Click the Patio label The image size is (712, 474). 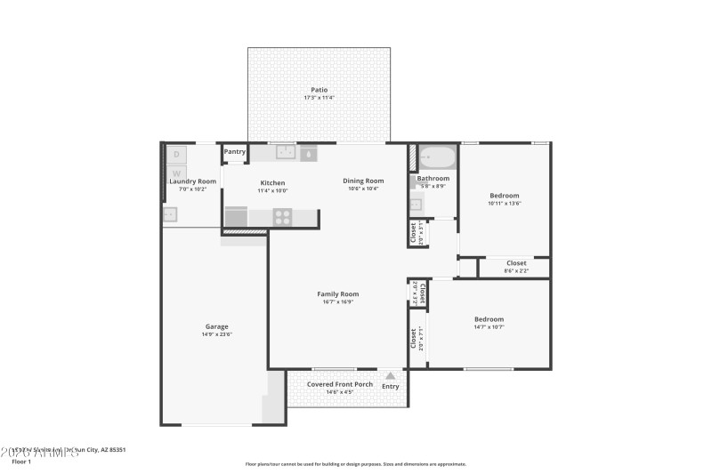coord(319,90)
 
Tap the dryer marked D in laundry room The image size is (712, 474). coord(176,154)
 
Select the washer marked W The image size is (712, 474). coord(176,173)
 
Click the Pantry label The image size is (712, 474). coord(235,152)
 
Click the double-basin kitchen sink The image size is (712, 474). coord(286,153)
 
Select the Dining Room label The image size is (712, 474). coord(363,181)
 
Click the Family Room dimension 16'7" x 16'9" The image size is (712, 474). coord(338,302)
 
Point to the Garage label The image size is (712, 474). coord(217,326)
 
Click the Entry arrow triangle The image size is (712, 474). coord(390,376)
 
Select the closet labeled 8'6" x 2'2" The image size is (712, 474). coord(516,267)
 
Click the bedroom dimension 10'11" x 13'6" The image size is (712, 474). coord(504,204)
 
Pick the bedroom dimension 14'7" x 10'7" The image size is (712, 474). coord(489,327)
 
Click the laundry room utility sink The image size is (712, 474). coord(170,214)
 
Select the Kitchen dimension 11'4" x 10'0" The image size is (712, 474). coord(272,190)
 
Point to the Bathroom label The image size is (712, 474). coord(433,178)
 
